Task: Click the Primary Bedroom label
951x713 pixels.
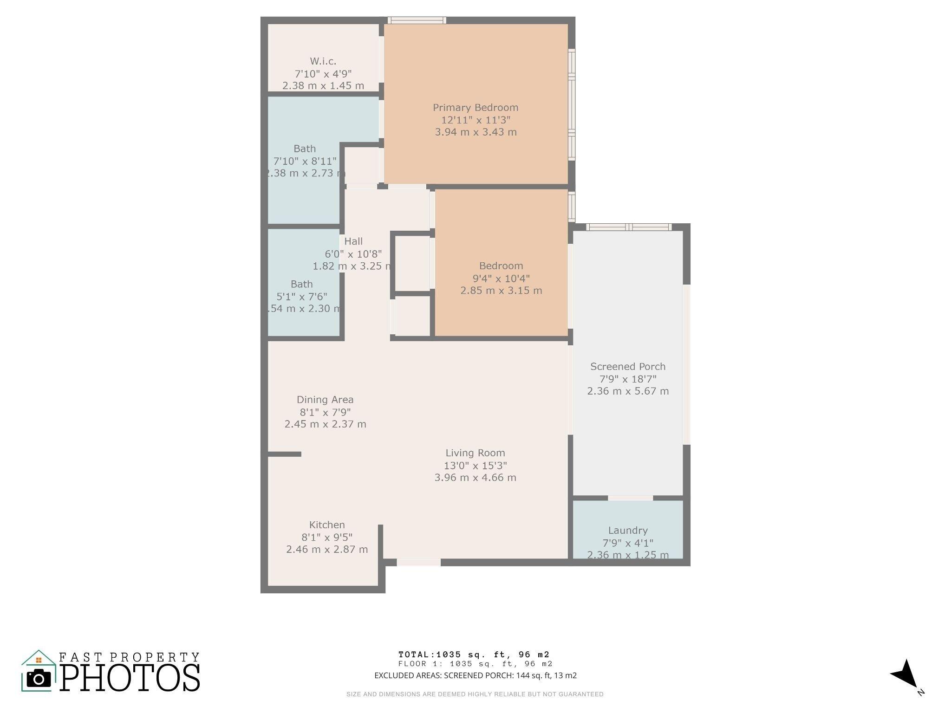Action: coord(475,108)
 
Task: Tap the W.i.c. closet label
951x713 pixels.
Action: coord(323,61)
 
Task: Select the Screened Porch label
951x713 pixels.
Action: coord(628,367)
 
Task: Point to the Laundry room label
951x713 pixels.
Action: coord(628,531)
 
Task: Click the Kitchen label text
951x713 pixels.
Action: coord(327,525)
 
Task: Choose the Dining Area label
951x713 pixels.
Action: coord(325,400)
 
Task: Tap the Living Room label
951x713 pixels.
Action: coord(475,453)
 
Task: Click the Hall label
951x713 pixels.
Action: coord(353,241)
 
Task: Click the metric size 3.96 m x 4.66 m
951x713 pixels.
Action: coord(475,478)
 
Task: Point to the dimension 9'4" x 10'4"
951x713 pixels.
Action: coord(501,279)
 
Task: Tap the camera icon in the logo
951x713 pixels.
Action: coord(39,679)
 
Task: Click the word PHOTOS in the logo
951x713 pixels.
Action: coord(130,678)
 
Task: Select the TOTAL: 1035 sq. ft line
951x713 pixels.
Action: coord(474,655)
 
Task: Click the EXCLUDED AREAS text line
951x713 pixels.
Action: coord(475,675)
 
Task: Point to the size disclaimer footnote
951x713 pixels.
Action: coord(475,694)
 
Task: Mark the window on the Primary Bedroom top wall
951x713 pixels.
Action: coord(417,20)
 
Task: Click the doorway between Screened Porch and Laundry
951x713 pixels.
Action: coord(630,498)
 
